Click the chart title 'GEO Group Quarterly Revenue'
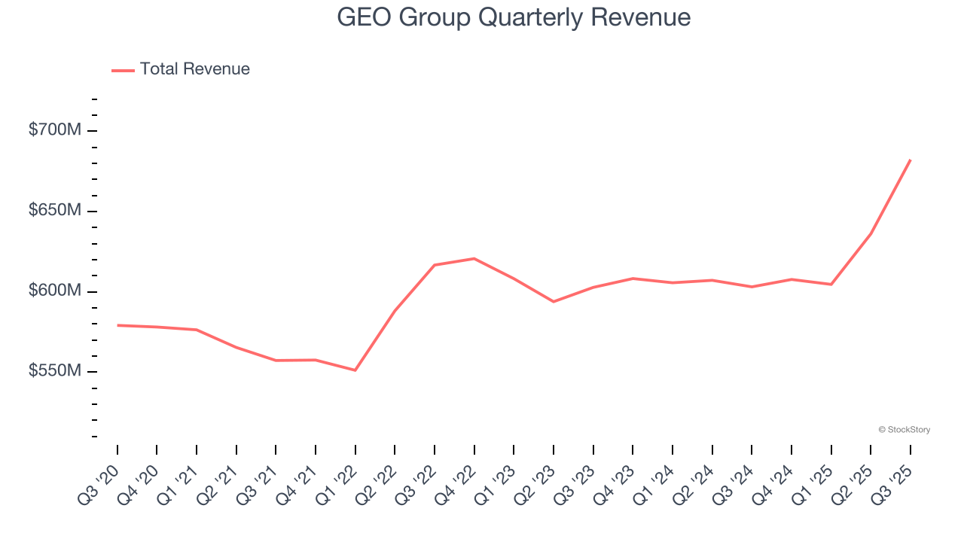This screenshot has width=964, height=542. [x=514, y=17]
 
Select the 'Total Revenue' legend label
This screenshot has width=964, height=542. [x=194, y=69]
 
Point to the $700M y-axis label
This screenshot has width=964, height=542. [x=54, y=130]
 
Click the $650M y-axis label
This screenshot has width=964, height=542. [x=54, y=211]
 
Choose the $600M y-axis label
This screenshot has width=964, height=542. [x=54, y=291]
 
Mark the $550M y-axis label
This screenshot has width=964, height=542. [x=54, y=372]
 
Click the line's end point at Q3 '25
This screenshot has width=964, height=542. [x=911, y=160]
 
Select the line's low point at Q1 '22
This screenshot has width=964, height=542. [x=355, y=370]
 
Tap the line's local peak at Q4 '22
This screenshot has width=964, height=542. [x=474, y=258]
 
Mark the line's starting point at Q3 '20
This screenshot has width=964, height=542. [x=117, y=325]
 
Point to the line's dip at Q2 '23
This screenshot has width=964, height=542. [x=554, y=302]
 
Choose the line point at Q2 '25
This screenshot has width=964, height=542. [x=871, y=233]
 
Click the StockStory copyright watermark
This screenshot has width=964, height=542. [x=904, y=430]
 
